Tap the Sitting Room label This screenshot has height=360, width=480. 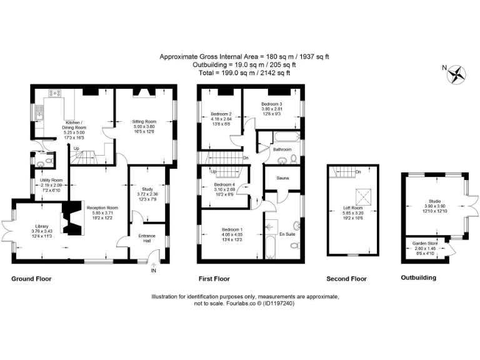point(143,121)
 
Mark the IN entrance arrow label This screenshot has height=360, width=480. point(153,271)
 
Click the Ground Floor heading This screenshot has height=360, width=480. point(31,279)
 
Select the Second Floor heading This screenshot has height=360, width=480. point(346,279)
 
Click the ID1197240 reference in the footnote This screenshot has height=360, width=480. point(275,303)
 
